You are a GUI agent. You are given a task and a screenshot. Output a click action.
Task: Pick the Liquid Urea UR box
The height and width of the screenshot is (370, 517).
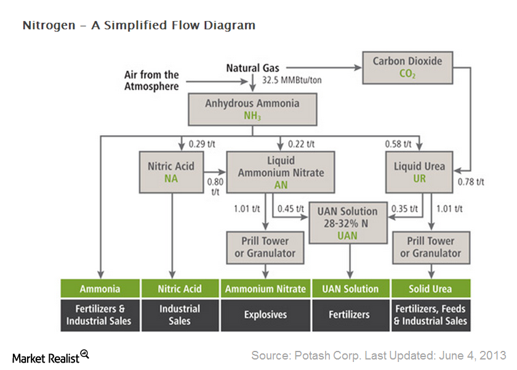pyautogui.click(x=419, y=172)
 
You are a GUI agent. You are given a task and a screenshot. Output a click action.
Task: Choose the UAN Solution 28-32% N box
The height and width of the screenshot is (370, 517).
pyautogui.click(x=348, y=223)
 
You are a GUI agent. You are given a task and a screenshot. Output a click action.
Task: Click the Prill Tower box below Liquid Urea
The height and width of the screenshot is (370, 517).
pyautogui.click(x=430, y=247)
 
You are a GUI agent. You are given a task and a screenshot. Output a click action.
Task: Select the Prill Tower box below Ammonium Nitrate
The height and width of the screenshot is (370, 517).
pyautogui.click(x=265, y=247)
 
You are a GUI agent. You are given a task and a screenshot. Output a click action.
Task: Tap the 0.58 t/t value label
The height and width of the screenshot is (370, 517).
pyautogui.click(x=399, y=144)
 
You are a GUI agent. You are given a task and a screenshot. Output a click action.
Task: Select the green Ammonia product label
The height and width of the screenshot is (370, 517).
pyautogui.click(x=100, y=289)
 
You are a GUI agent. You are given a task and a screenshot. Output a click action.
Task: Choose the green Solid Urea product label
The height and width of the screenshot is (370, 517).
pyautogui.click(x=430, y=289)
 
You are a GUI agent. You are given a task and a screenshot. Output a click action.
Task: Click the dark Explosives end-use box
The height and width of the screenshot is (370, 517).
pyautogui.click(x=265, y=314)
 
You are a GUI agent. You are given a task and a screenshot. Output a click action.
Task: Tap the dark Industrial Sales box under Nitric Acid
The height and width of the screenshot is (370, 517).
pyautogui.click(x=180, y=314)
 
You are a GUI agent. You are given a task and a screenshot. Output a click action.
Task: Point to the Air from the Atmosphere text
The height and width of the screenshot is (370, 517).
pyautogui.click(x=151, y=81)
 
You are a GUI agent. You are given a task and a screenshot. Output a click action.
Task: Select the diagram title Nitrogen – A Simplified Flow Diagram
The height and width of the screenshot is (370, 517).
pyautogui.click(x=138, y=25)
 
